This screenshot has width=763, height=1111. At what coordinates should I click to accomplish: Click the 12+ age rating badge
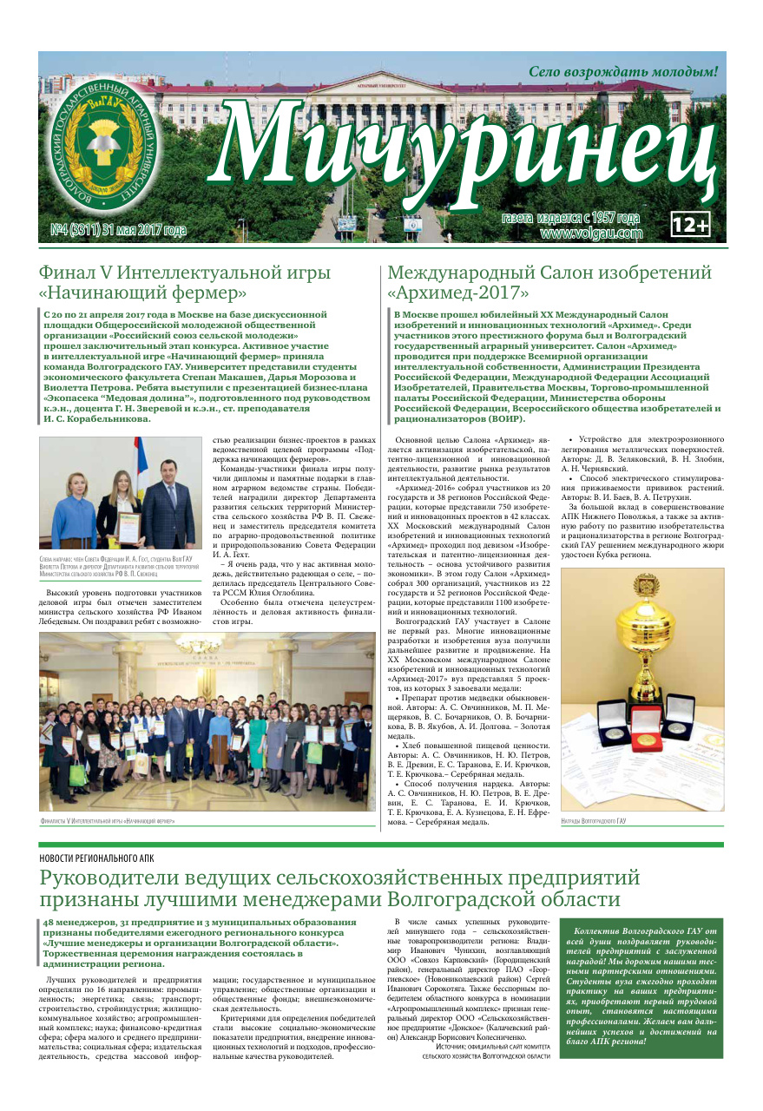tap(690, 224)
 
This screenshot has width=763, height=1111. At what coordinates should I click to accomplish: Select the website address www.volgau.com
tap(590, 233)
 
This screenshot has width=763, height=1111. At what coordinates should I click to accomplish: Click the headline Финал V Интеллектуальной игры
tap(185, 272)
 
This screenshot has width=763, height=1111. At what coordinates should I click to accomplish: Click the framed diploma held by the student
tap(129, 527)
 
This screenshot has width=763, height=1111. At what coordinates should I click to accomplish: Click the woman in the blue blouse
tap(73, 510)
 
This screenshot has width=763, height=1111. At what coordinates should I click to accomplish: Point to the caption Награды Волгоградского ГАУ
tap(594, 820)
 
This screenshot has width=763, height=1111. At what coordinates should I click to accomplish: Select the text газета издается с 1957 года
tap(570, 218)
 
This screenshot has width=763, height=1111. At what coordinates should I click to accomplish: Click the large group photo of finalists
tap(207, 722)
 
